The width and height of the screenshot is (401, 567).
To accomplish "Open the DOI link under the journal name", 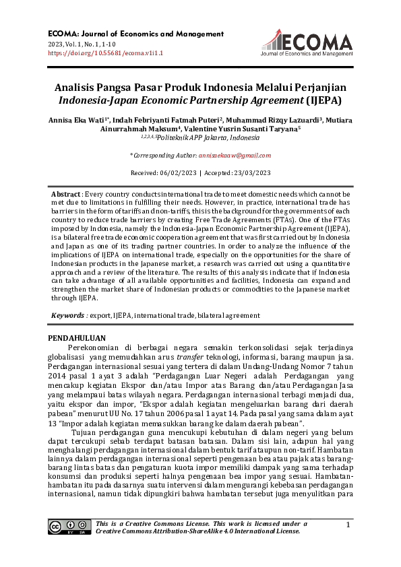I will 106,53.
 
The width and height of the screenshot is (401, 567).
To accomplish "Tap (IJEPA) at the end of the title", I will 323,101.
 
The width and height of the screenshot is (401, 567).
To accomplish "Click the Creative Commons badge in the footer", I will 67,527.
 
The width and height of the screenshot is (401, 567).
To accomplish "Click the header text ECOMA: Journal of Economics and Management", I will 135,34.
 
